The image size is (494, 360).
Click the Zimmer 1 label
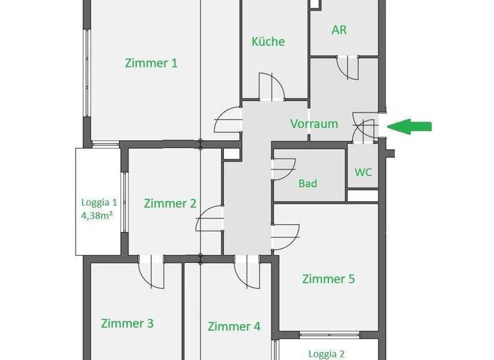point(151,63)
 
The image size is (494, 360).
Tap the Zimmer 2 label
point(170,203)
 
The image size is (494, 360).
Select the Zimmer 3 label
point(127,323)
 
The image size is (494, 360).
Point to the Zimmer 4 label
point(234,327)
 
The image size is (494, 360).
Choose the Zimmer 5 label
point(328,279)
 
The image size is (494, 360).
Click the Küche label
point(268,42)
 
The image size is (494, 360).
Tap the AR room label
point(339,30)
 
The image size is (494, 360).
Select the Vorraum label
point(314,124)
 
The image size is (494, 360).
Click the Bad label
point(307,184)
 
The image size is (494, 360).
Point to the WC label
point(363,172)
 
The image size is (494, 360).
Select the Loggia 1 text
point(97,201)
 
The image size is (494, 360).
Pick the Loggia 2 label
point(326,354)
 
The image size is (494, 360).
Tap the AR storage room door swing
point(350,67)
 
